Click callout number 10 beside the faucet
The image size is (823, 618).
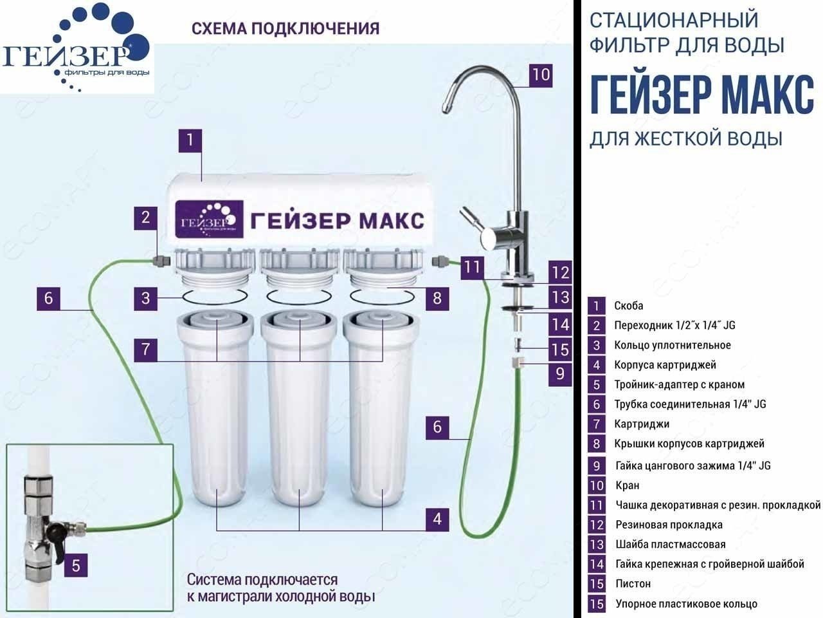tap(541, 75)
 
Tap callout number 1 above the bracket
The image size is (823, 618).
tap(190, 141)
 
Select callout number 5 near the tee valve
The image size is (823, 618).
tap(76, 565)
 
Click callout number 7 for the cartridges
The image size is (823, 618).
tap(145, 350)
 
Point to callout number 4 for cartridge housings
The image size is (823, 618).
tap(437, 520)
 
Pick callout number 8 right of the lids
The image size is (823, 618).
tap(437, 299)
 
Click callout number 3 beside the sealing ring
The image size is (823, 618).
tap(145, 299)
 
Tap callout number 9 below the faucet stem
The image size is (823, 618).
tap(560, 374)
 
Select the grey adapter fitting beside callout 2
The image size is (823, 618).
tap(161, 261)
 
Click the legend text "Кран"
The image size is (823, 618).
tap(628, 485)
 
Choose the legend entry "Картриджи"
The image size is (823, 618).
tap(642, 424)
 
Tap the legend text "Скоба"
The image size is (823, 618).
tap(628, 306)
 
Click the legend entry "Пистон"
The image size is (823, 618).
tap(633, 584)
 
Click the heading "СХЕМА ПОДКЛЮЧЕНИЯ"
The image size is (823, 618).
tap(285, 28)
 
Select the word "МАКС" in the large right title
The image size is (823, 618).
tap(767, 94)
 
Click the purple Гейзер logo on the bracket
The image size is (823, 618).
tap(209, 219)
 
